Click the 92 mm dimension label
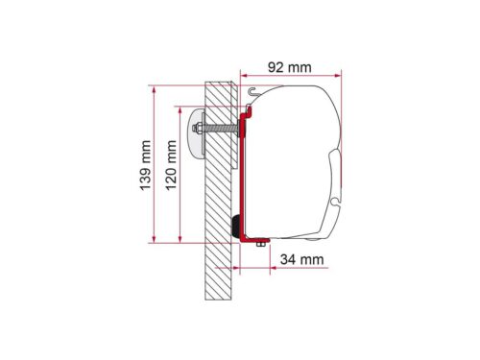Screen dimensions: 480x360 289,67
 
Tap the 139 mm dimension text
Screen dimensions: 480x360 145,165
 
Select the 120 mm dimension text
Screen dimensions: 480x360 171,165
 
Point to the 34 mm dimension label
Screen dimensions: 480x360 301,259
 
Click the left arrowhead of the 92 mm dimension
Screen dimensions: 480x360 244,76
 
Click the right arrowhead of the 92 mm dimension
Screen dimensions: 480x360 338,76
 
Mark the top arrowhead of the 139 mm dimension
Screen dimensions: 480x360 155,90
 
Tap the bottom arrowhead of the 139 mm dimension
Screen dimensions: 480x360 155,239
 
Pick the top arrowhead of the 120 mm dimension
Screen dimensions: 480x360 180,110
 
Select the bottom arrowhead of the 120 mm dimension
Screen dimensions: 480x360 180,239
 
